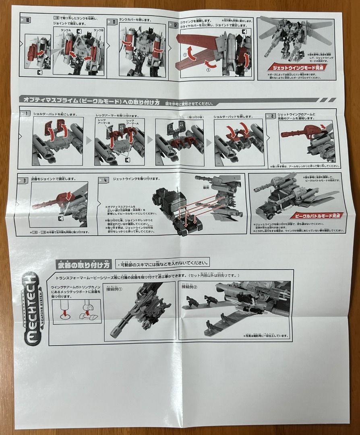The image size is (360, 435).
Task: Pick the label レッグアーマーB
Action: click(101, 122)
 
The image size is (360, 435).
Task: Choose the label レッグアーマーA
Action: click(131, 122)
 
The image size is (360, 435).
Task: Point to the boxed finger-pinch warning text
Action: click(162, 264)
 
